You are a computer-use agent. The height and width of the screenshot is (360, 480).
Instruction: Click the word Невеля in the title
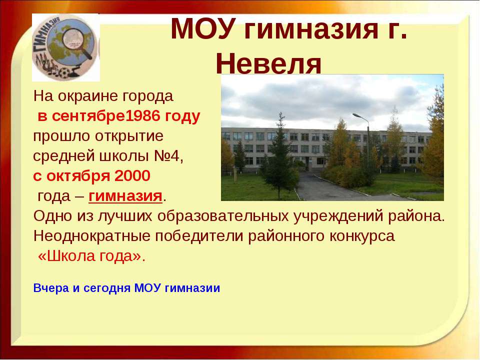click(x=268, y=64)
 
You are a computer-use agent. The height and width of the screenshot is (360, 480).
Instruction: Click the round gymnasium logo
click(x=66, y=47)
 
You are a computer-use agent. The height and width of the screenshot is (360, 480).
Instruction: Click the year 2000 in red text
click(x=132, y=176)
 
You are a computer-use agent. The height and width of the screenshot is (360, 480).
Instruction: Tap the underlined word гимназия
click(x=125, y=196)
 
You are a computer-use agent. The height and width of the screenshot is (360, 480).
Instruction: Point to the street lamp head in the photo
click(x=356, y=115)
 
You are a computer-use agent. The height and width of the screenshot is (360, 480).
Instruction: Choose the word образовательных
click(x=223, y=216)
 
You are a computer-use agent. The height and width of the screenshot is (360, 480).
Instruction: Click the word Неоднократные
click(x=92, y=236)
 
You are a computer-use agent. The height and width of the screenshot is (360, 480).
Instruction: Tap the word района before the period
click(x=414, y=216)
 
